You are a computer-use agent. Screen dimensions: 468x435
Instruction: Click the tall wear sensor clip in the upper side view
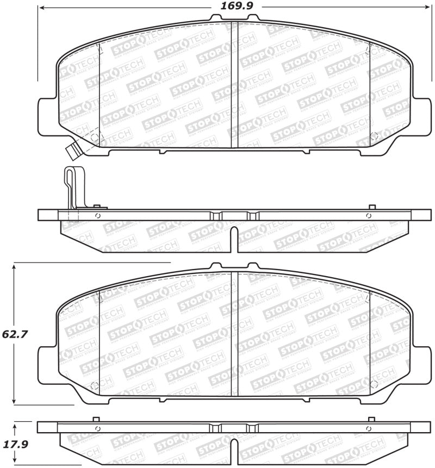(71, 187)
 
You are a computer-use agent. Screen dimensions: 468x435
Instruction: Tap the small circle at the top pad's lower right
(373, 136)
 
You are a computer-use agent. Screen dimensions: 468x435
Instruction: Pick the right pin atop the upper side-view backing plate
(372, 207)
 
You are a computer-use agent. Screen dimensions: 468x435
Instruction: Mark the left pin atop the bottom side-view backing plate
(95, 419)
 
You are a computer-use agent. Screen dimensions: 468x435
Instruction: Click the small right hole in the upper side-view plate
(369, 216)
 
